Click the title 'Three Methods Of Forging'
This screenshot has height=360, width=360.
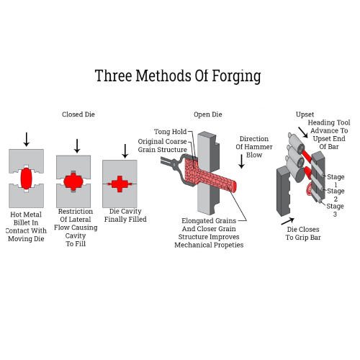tap(178, 76)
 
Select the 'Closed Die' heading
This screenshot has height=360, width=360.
tap(78, 114)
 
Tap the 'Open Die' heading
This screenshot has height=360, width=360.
tap(208, 114)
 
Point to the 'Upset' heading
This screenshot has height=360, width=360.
tap(305, 114)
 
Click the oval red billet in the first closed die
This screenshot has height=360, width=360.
tap(26, 179)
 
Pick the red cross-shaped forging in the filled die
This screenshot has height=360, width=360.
tap(120, 184)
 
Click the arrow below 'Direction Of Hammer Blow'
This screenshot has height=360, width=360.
tap(242, 161)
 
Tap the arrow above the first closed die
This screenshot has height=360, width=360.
tap(27, 140)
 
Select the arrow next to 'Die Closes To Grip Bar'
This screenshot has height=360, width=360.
tap(288, 221)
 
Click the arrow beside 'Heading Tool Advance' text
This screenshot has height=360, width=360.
tap(303, 132)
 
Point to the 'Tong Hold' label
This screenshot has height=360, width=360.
tap(170, 132)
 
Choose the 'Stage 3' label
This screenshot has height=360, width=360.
tap(335, 210)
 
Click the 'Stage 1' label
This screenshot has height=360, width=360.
tap(336, 181)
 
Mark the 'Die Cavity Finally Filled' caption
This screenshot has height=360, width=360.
tap(125, 215)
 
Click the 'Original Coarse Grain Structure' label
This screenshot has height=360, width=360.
tap(162, 145)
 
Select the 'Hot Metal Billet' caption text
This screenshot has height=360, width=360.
tap(26, 218)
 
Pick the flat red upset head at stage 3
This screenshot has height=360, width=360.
tap(309, 189)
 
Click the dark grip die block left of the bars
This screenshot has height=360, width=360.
tap(284, 191)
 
